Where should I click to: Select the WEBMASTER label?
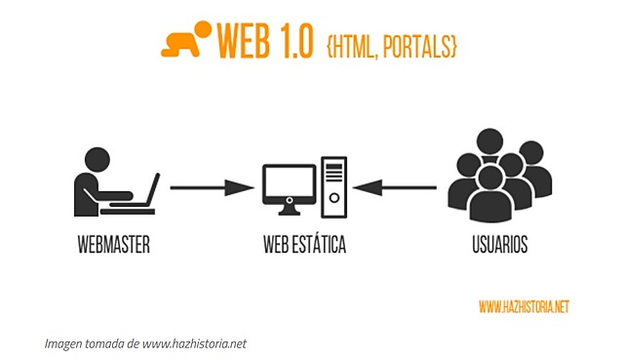coord(113,245)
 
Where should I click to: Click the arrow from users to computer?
coord(395,185)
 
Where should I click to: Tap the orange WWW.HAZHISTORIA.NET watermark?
coord(524,307)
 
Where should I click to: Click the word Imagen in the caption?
coord(65,343)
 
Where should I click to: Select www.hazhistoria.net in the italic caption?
coord(195,343)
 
